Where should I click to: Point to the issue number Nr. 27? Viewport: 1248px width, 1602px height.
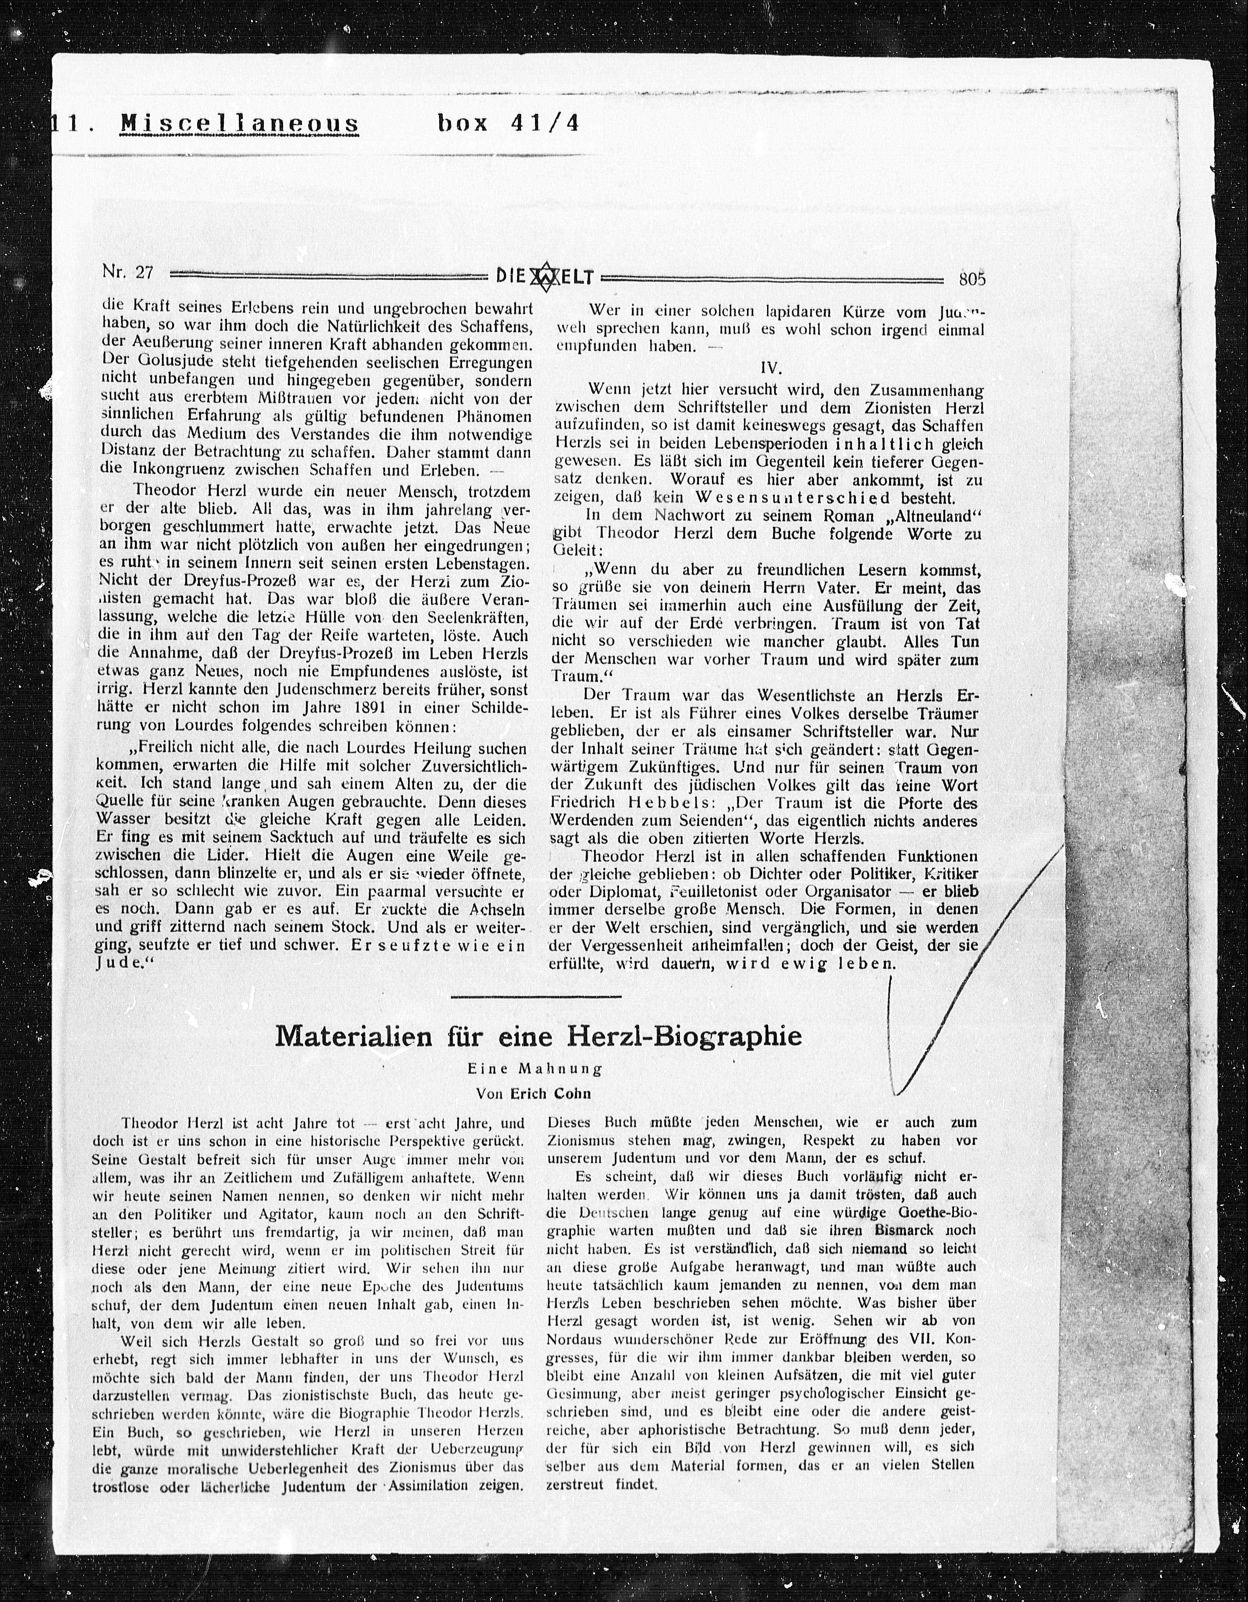128,273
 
